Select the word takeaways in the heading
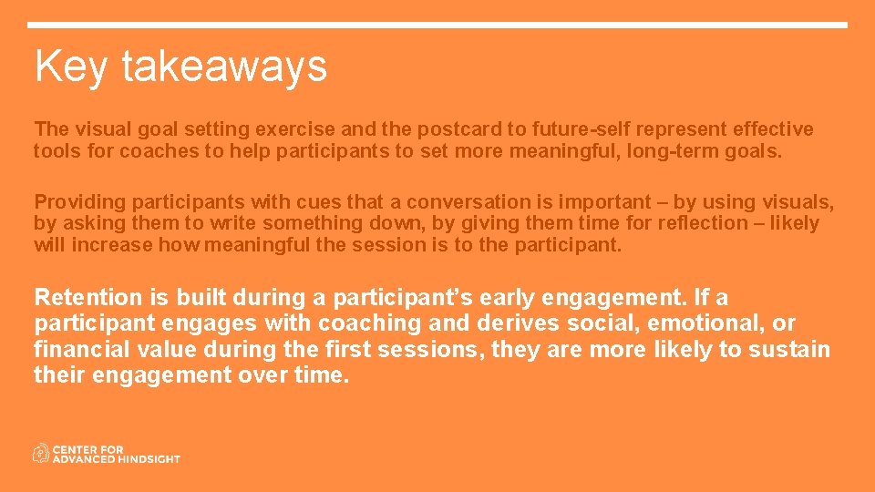tap(223, 67)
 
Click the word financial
tap(79, 350)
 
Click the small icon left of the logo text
tap(41, 453)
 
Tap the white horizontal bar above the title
tap(437, 26)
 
